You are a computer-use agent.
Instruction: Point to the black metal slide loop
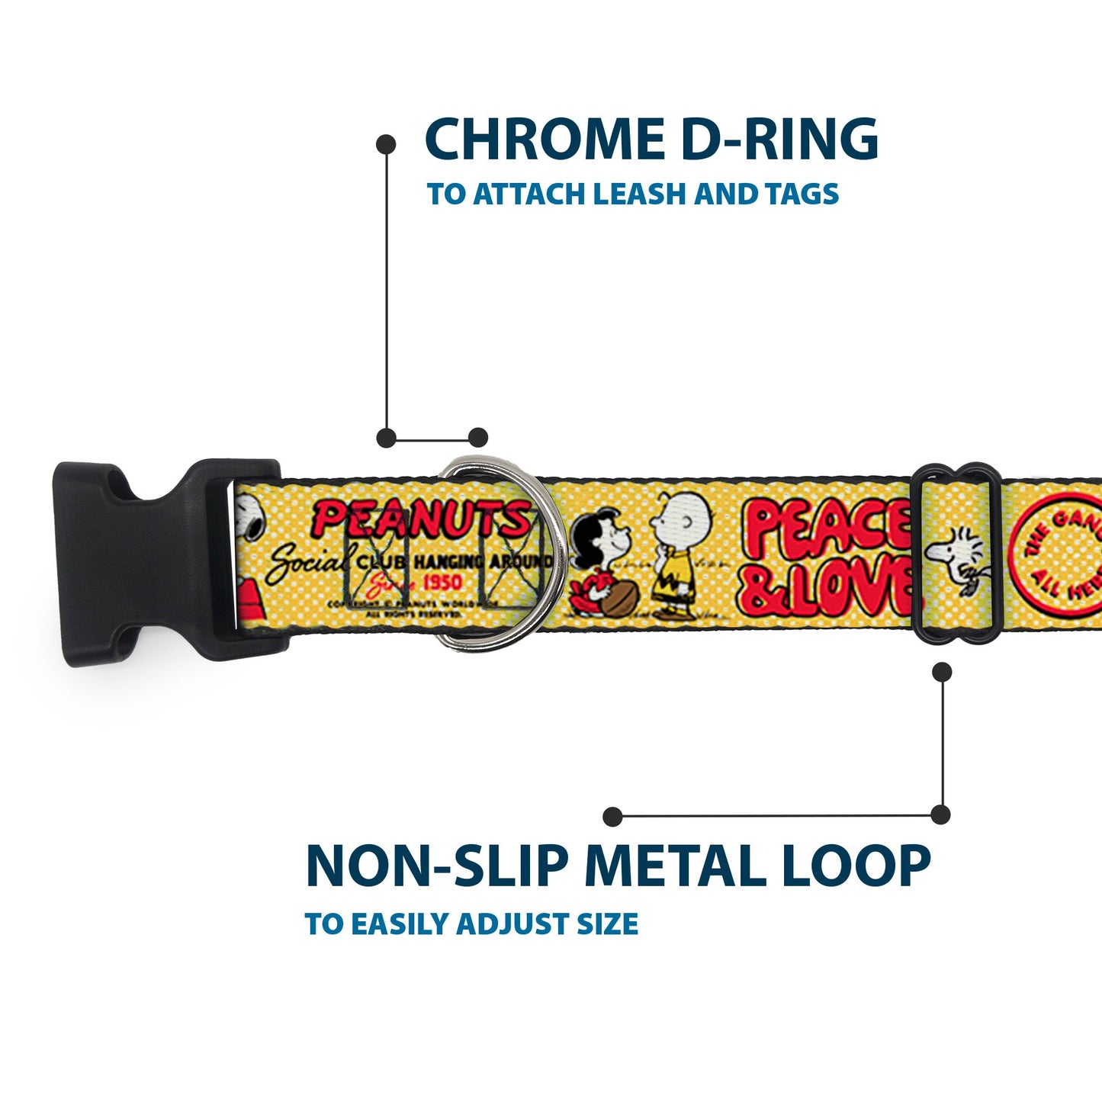(x=958, y=553)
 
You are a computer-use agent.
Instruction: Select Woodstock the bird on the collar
(x=958, y=557)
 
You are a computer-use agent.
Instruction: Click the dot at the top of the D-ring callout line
(x=387, y=143)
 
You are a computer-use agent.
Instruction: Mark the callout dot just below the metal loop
(x=943, y=671)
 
